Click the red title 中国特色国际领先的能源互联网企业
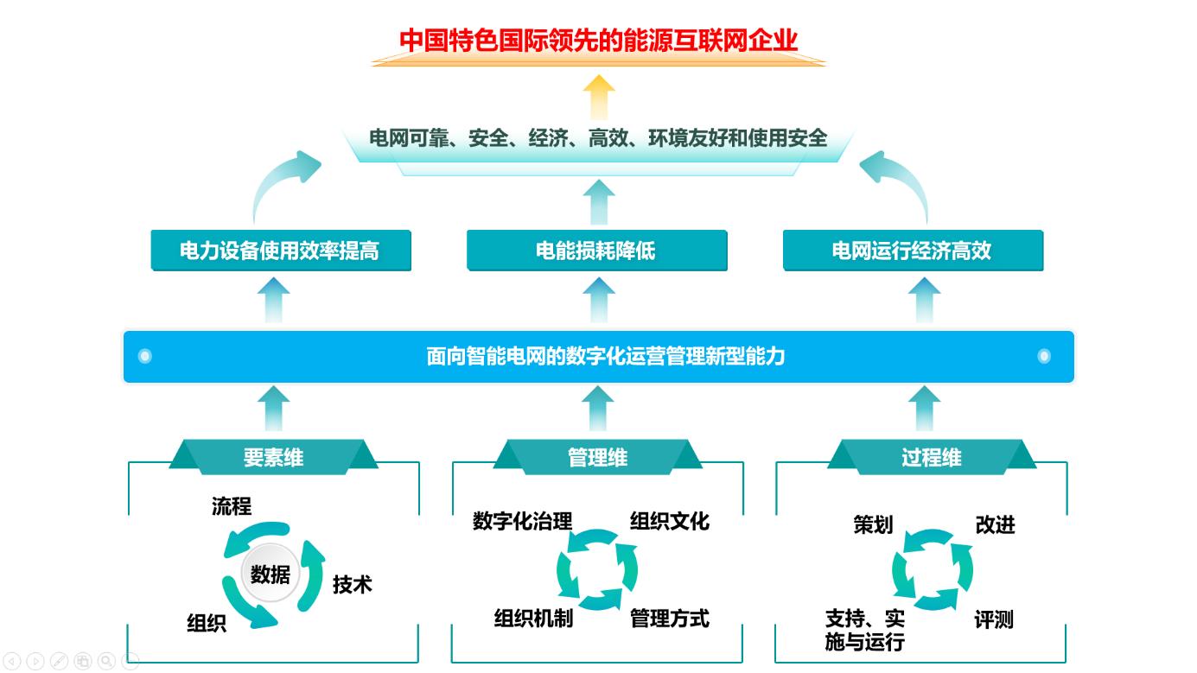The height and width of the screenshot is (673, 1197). coord(598,41)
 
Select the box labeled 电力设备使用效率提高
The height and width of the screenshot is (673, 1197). coord(280,251)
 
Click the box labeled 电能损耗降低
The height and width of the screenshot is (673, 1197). coord(596,251)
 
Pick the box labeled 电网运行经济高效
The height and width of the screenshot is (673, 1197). coord(912,251)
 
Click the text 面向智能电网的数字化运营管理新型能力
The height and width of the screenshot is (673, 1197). coord(605,356)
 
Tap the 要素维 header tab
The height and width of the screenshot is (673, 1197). coord(273,457)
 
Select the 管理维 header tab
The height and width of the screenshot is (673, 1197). coord(597,457)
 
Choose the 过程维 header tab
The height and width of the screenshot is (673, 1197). coord(931,457)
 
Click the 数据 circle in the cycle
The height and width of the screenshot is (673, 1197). coord(270,574)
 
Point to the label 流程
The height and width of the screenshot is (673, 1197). coord(232,506)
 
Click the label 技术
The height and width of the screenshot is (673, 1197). coord(352,585)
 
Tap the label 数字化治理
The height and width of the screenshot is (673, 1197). coord(522,522)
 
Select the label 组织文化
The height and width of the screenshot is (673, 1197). coord(669,522)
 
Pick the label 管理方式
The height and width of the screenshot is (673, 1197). coord(669,619)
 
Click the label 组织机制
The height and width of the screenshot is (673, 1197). coord(532,619)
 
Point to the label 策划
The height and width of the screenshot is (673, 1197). coord(873,525)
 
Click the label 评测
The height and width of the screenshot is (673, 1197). coord(993,620)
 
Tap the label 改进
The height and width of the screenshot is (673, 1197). coord(995,525)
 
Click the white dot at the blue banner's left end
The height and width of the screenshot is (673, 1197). coord(144,356)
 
